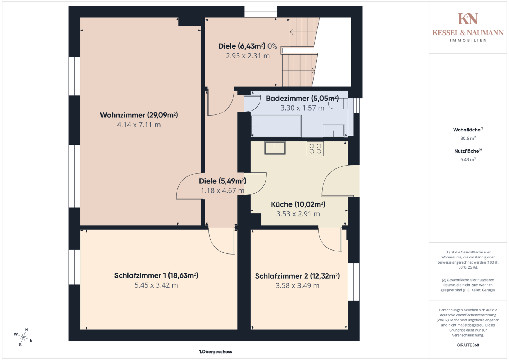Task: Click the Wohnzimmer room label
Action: coord(139,115)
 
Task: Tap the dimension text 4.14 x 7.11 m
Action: coord(139,125)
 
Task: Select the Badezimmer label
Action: coord(302,98)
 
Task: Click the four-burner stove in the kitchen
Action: coord(315,149)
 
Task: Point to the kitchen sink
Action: coord(275,148)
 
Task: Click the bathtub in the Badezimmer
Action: coord(276,126)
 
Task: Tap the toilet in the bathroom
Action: coord(338,104)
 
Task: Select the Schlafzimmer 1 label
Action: coord(156,275)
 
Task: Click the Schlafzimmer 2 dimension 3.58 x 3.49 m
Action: coord(297,285)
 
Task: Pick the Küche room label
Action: coord(298,204)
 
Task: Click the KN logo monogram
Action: coord(468,19)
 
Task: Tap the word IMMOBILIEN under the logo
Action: coord(468,40)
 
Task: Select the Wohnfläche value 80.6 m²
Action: coord(468,138)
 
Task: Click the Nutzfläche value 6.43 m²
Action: coord(468,159)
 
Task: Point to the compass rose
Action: coord(23,337)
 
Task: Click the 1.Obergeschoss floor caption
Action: coord(216,352)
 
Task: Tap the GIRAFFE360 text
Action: coord(468,345)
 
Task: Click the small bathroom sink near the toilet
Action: coord(334,130)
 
